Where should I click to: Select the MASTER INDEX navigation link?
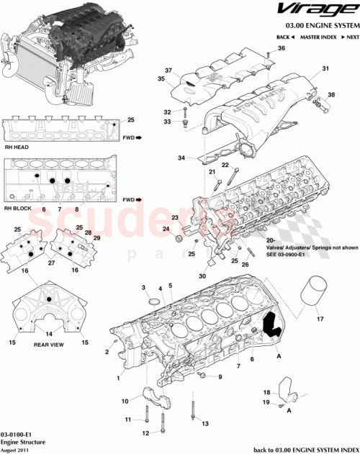320,36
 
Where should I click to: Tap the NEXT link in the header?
351,36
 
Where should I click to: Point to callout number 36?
282,48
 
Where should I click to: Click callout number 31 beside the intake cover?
325,69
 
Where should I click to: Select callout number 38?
332,95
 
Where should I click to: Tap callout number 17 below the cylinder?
320,314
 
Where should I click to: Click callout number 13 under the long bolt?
205,424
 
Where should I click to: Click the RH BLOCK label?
16,209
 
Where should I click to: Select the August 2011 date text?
17,450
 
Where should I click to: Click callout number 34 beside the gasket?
183,158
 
